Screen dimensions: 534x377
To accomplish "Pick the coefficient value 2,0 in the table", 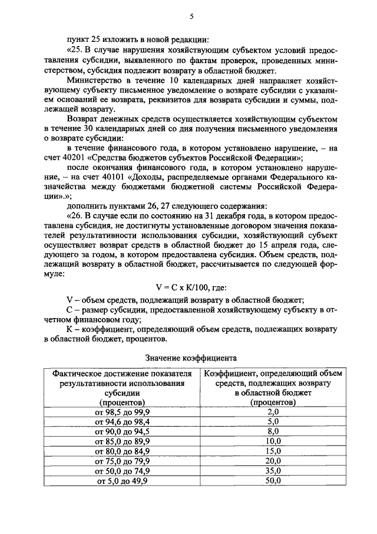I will click(273, 411).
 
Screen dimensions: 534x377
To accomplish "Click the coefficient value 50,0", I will click(273, 481).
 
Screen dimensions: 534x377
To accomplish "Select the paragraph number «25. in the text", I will click(77, 50).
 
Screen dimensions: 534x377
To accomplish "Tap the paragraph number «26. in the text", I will click(77, 216).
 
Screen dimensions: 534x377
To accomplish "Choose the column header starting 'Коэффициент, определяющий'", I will click(273, 388).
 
